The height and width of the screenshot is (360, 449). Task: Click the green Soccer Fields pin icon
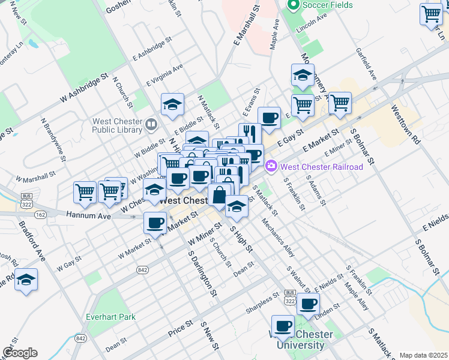[x=294, y=6]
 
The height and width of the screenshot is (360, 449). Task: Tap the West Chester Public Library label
[x=117, y=125]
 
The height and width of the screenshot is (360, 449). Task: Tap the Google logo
[x=19, y=353]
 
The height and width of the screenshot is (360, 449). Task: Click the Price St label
[x=180, y=327]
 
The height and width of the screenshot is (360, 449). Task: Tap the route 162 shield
[x=40, y=214]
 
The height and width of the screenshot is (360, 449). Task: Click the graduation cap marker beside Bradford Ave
[x=26, y=280]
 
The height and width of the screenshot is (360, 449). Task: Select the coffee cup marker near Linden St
[x=308, y=304]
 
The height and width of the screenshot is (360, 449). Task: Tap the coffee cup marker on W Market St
[x=155, y=223]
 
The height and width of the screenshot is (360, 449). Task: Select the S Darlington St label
[x=202, y=273]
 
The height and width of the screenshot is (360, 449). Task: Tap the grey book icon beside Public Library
[x=151, y=125]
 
